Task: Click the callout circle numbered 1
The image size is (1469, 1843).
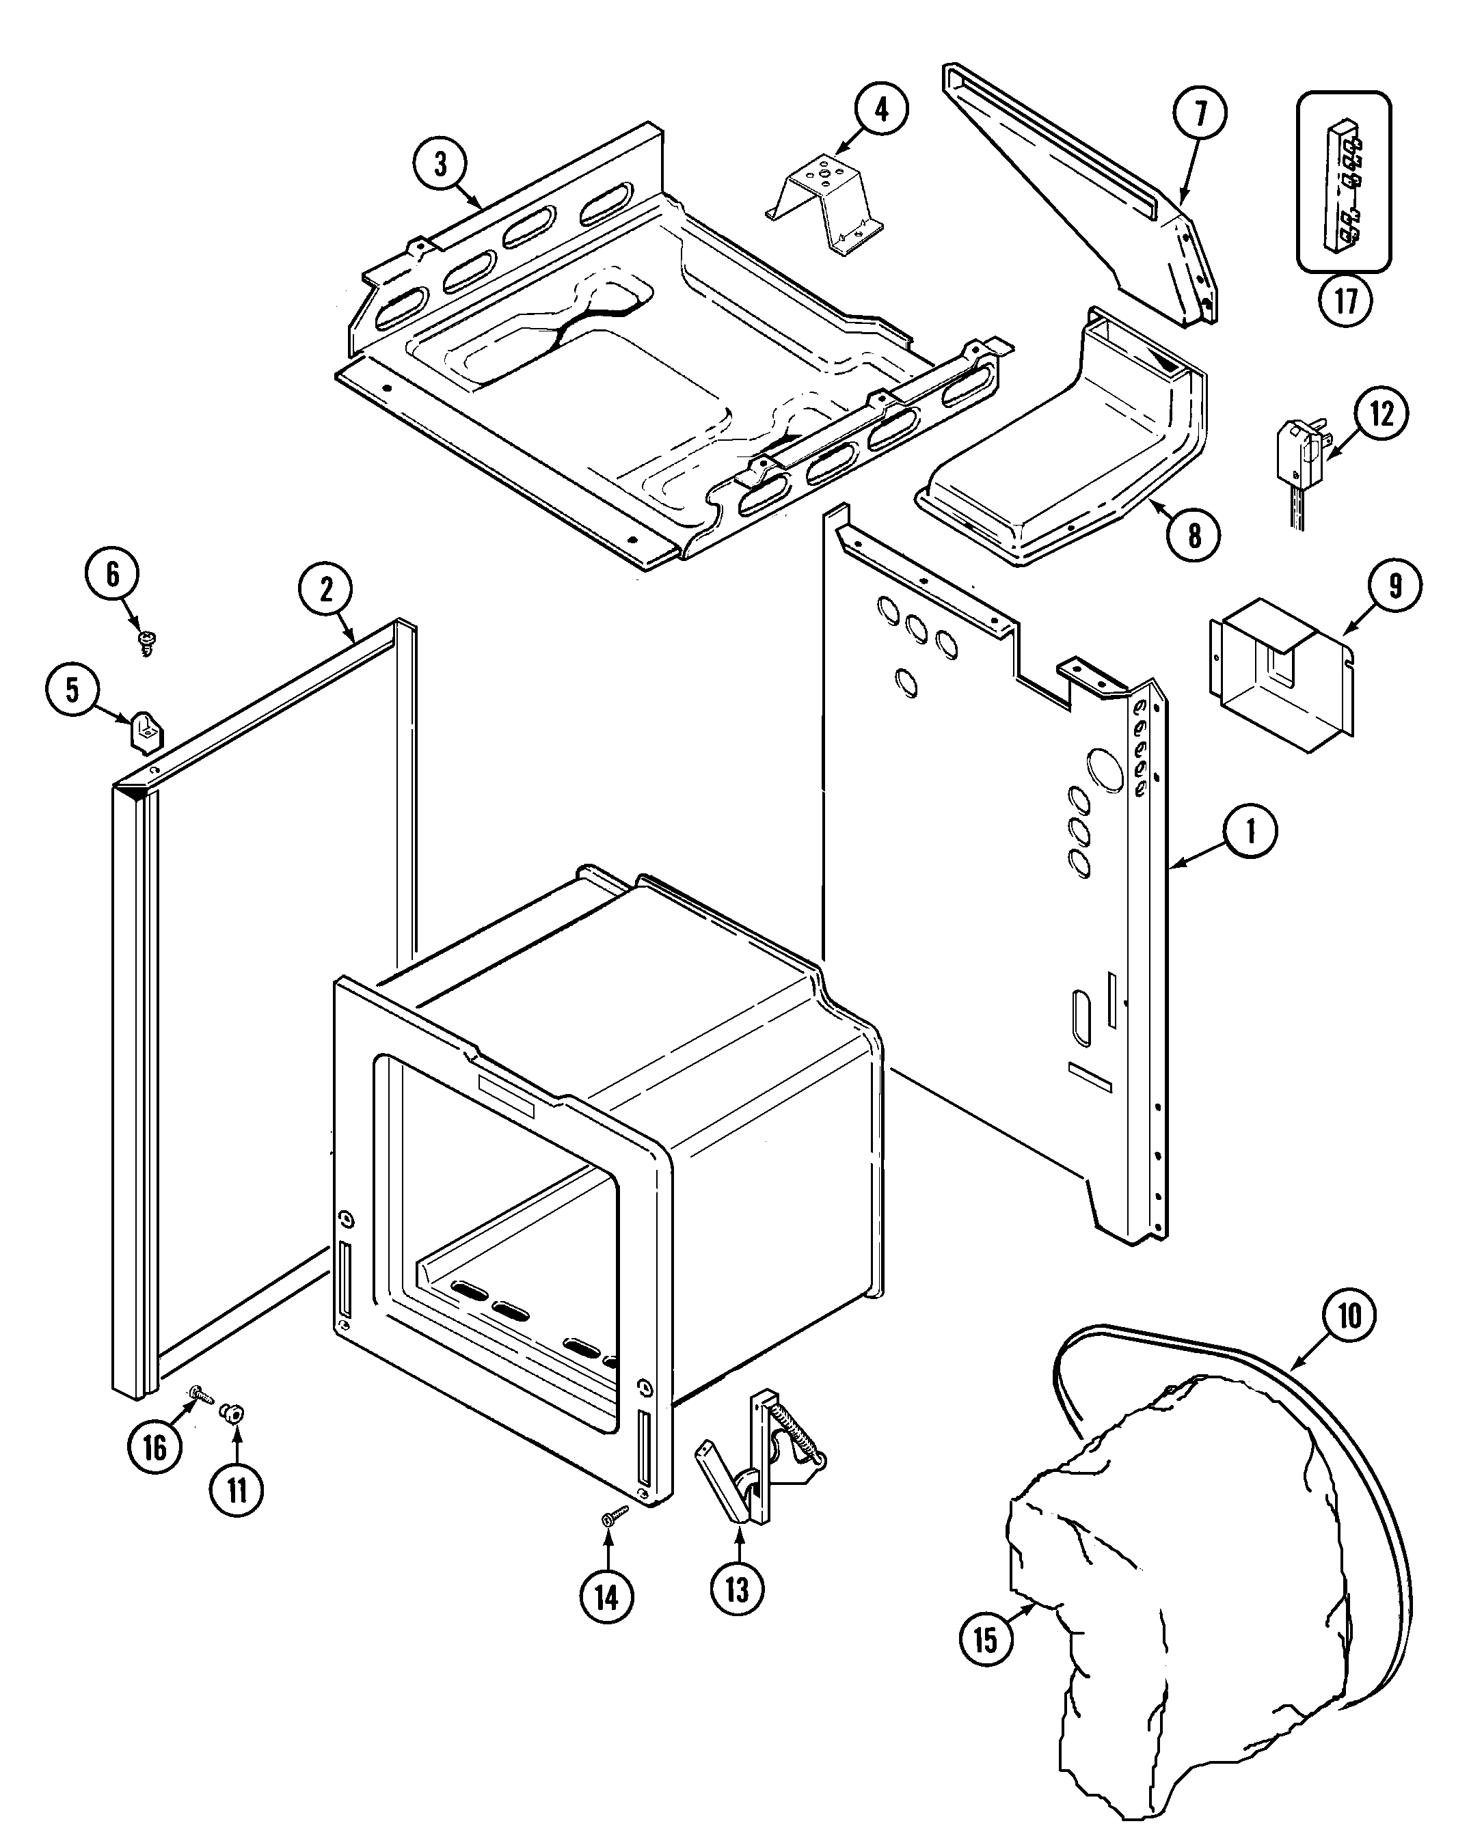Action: coord(1250,830)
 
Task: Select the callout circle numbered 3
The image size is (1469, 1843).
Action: coord(440,163)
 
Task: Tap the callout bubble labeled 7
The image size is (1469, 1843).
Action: coord(1200,113)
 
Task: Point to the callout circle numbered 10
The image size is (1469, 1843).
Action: coord(1349,1315)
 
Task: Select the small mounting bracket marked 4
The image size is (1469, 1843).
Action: coord(824,204)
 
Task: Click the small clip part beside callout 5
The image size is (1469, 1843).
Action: coord(146,733)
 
